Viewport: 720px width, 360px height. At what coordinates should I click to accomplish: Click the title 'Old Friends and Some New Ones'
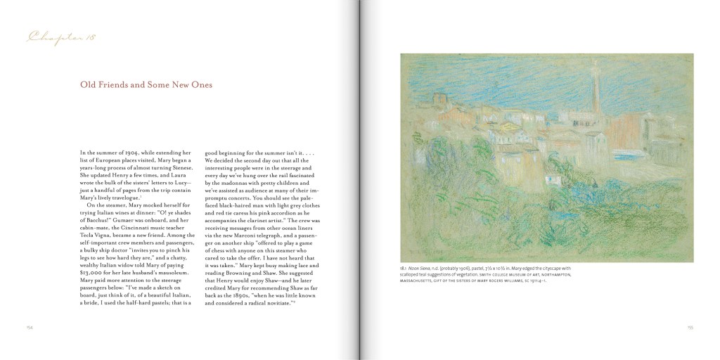click(x=146, y=85)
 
